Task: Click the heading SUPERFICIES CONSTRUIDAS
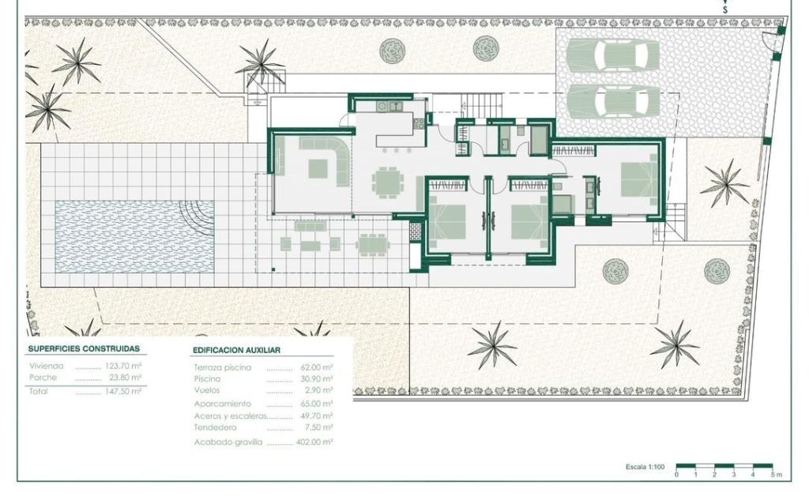pos(84,348)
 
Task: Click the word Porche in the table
pos(43,377)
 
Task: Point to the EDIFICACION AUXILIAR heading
pos(237,350)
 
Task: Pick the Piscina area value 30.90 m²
pos(317,378)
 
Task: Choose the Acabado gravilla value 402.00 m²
pos(314,442)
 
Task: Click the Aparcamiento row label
pos(222,404)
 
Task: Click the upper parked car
pos(613,55)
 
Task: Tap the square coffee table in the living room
pos(318,168)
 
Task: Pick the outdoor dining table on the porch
pos(372,245)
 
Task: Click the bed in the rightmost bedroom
pos(638,179)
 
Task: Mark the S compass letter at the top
pos(725,9)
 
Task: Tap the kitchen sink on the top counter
pos(397,107)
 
